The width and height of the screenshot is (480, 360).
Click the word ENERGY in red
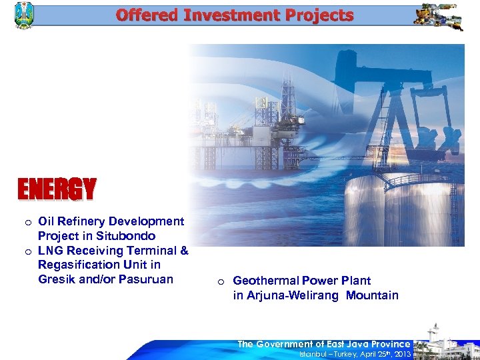pos(57,190)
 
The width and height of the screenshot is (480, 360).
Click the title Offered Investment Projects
pos(234,15)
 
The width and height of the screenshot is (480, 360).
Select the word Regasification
pos(75,265)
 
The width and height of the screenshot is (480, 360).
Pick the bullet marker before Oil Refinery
pos(27,222)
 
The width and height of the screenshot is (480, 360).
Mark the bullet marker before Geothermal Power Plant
pos(221,281)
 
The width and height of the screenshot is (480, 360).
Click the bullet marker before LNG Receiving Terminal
pos(27,251)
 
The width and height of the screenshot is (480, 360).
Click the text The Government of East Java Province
pos(323,344)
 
